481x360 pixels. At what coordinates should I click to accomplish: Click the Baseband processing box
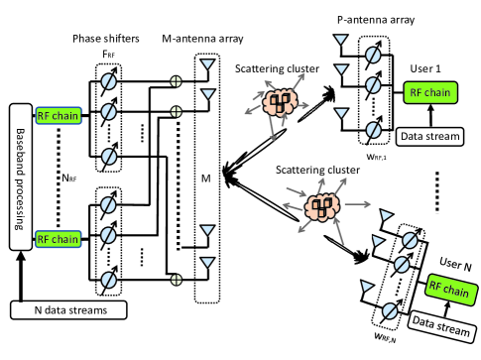tap(21, 178)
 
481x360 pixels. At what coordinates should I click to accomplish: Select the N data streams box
tap(68, 310)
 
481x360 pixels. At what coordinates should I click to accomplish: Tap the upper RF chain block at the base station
tap(59, 116)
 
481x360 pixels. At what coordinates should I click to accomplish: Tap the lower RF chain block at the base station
tap(59, 239)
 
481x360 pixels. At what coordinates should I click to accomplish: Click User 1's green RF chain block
tap(430, 92)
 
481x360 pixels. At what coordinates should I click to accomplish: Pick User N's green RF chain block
tap(451, 290)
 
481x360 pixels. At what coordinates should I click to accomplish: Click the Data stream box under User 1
tap(430, 137)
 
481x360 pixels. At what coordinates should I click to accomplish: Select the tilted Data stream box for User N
tap(441, 326)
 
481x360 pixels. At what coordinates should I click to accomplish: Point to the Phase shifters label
tap(106, 39)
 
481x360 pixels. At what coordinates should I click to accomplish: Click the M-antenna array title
tap(202, 39)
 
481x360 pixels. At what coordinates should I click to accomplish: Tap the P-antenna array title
tap(376, 20)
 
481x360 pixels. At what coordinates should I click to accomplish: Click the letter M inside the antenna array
tap(206, 179)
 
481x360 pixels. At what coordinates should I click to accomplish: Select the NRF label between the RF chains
tap(69, 179)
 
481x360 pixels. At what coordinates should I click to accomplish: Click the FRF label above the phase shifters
tap(109, 54)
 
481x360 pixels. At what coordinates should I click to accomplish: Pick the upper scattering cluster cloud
tap(280, 102)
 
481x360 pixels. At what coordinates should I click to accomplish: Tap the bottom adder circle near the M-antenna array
tap(177, 280)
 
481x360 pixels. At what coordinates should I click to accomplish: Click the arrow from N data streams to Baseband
tap(21, 276)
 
